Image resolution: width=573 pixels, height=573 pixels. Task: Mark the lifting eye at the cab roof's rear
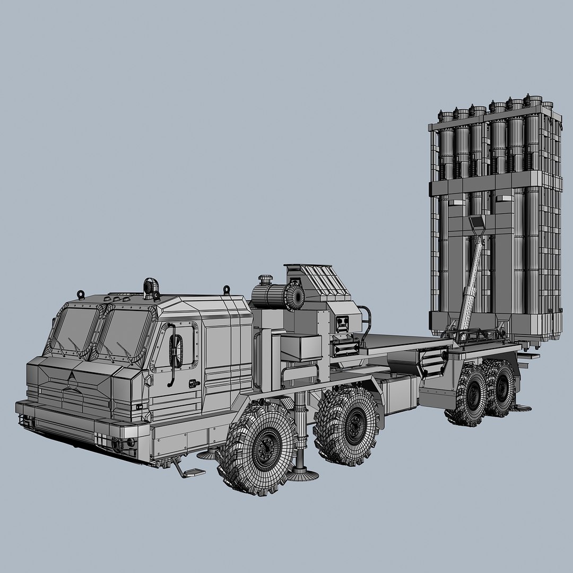click(227, 290)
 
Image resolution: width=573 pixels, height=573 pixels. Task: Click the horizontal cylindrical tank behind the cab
click(276, 296)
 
